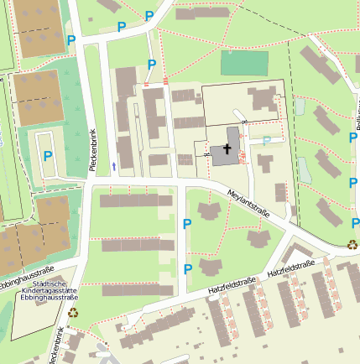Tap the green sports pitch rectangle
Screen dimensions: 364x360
click(244, 64)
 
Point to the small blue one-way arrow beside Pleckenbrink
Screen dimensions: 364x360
click(114, 166)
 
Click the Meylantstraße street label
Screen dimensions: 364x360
click(249, 205)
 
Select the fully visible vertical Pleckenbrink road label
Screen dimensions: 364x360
click(92, 151)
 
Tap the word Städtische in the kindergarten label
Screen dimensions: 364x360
click(50, 283)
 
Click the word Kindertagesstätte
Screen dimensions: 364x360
click(50, 290)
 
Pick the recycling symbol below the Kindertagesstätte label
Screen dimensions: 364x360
click(73, 313)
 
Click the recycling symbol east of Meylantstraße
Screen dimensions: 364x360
click(352, 246)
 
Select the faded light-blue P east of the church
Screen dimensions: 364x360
click(267, 142)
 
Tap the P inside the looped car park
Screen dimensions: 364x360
click(48, 156)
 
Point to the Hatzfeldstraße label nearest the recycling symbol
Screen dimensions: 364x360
click(291, 269)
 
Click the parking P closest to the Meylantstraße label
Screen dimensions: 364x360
click(187, 223)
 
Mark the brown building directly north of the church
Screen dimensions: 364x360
click(263, 99)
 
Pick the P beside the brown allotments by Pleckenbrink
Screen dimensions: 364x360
click(71, 40)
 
